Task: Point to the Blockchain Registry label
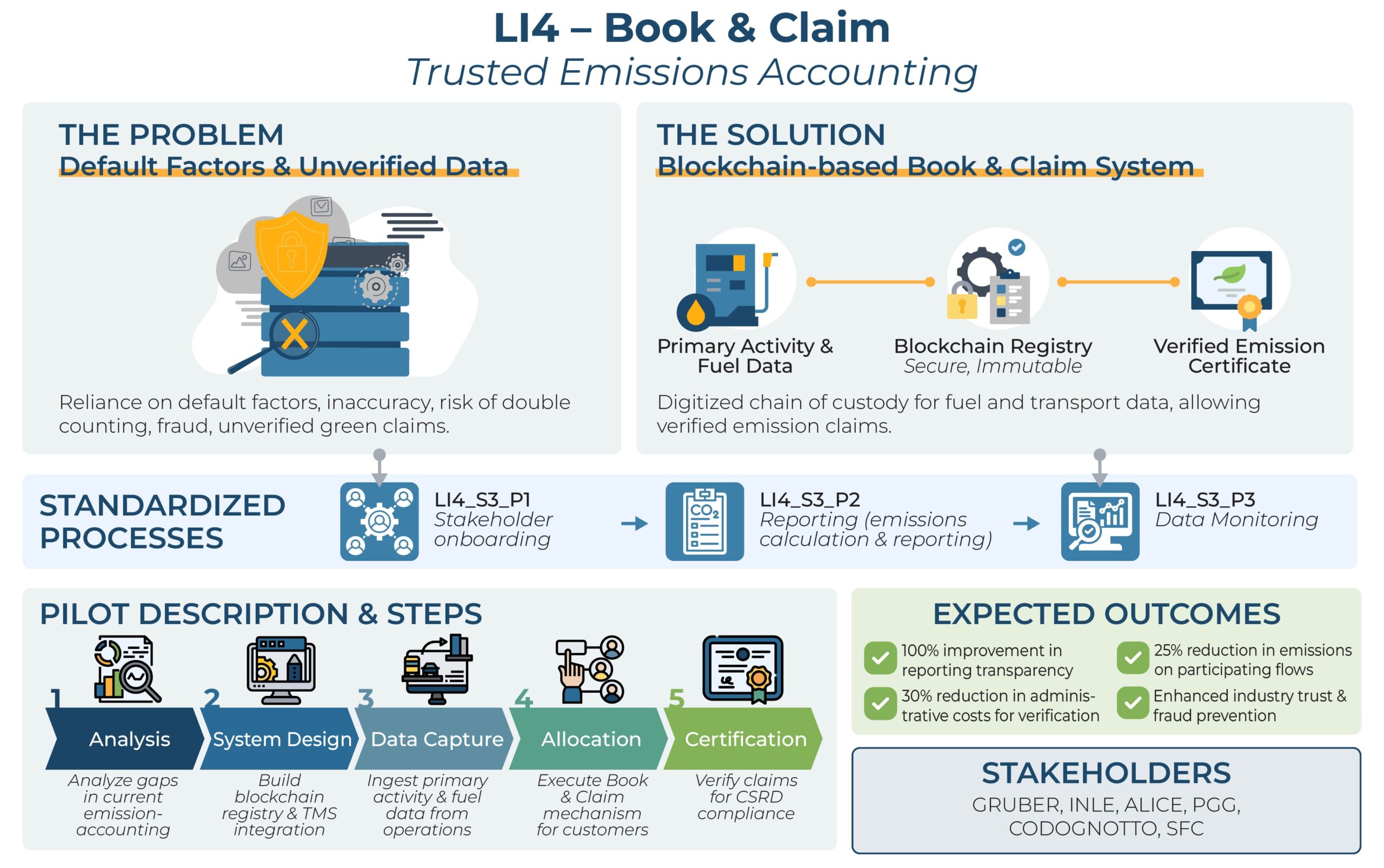point(993,346)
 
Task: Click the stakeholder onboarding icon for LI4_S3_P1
point(380,521)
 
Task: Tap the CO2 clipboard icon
point(704,521)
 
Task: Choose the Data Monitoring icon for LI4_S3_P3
point(1100,521)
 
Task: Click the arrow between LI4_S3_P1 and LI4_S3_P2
point(634,524)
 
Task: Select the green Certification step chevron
point(745,739)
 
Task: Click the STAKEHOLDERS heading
point(1106,773)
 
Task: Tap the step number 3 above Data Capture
point(365,699)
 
